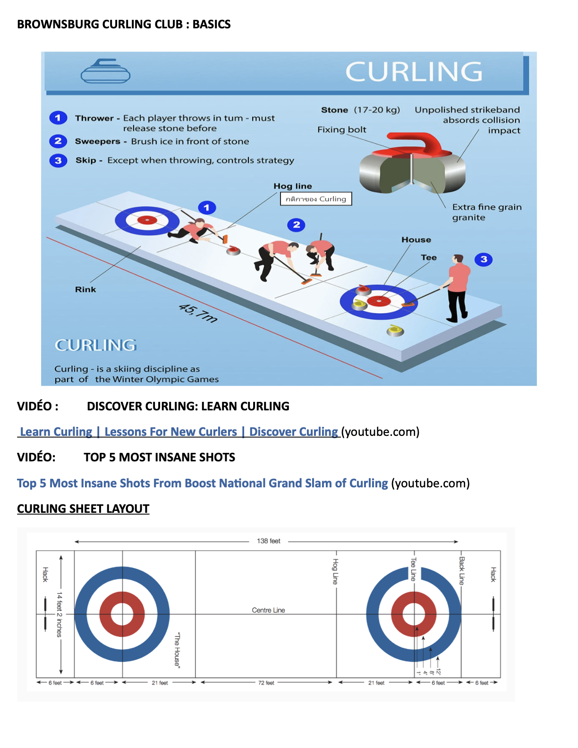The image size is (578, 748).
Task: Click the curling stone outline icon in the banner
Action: (x=105, y=71)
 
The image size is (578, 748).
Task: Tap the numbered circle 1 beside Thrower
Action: (x=58, y=118)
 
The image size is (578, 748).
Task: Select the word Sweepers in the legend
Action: (x=97, y=141)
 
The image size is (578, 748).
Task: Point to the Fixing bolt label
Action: (x=341, y=129)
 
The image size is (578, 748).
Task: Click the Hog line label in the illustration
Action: (x=292, y=186)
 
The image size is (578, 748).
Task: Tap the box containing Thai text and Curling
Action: (x=316, y=199)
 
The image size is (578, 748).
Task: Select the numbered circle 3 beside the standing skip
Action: (x=484, y=259)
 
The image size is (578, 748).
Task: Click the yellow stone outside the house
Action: (x=395, y=330)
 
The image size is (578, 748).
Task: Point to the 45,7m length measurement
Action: (x=198, y=313)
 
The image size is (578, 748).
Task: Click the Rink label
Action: (x=85, y=289)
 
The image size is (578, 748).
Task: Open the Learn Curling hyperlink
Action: (x=178, y=432)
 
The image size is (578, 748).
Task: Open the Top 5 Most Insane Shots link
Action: (x=202, y=483)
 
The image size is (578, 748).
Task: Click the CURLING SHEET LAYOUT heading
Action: (x=83, y=509)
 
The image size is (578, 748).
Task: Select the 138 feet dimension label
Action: (x=268, y=541)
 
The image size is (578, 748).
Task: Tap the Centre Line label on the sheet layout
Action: (x=268, y=610)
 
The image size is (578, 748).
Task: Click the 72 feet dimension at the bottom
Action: (x=266, y=683)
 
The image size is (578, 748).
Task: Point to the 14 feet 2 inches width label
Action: (x=59, y=614)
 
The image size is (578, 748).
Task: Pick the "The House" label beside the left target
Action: (x=177, y=650)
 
